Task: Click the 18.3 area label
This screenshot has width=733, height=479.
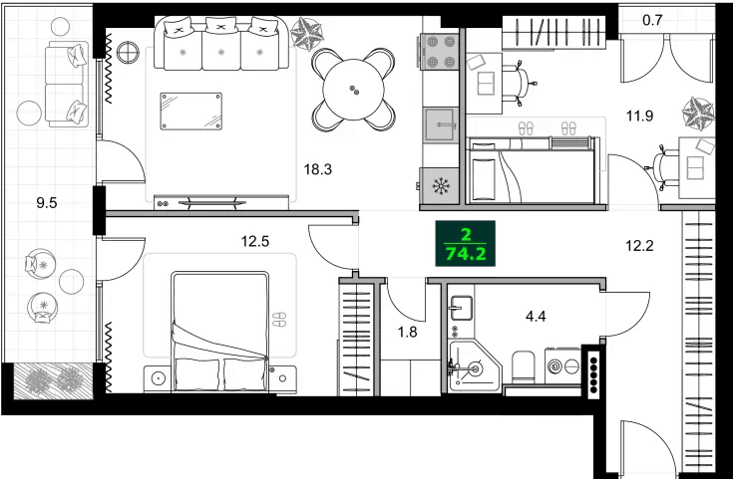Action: point(317,169)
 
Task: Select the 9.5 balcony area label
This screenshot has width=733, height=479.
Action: point(46,202)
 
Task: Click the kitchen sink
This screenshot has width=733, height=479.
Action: point(440,125)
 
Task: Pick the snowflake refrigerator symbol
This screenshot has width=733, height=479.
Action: point(440,184)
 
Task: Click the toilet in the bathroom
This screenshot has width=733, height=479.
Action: point(522,368)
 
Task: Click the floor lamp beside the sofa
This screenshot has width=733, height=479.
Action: point(128,53)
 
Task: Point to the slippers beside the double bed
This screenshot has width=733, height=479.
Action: point(279,320)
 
